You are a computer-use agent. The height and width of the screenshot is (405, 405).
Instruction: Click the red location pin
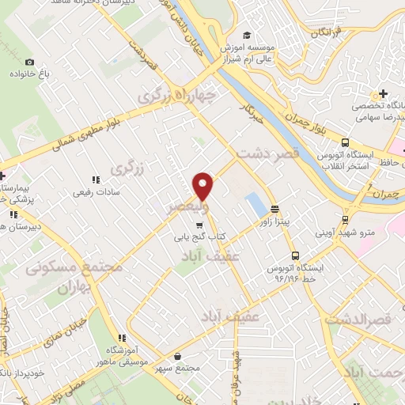[203, 184]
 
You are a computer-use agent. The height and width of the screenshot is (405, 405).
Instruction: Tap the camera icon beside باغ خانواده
[30, 62]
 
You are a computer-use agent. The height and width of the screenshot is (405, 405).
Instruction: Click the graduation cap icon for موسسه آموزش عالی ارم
[246, 35]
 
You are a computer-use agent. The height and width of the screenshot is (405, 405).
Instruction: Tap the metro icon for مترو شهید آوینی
[345, 220]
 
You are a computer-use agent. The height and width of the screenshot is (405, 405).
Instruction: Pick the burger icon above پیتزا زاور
[274, 210]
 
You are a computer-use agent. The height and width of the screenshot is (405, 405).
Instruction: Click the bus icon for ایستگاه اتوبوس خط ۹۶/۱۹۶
[294, 255]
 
